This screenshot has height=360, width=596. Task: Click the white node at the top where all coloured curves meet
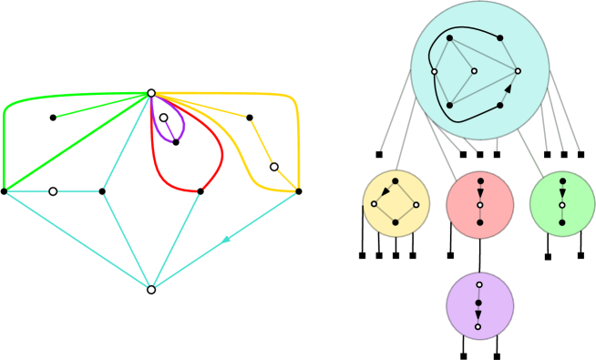(x=151, y=93)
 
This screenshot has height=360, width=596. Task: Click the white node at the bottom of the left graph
(x=151, y=290)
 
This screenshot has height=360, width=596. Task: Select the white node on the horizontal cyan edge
(x=53, y=191)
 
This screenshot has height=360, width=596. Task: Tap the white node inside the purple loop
(x=164, y=118)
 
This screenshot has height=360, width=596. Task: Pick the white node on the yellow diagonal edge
(x=273, y=167)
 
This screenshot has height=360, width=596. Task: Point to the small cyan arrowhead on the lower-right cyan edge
(x=226, y=240)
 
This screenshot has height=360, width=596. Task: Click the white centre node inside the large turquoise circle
(x=474, y=71)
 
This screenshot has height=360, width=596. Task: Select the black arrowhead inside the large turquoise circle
(x=508, y=89)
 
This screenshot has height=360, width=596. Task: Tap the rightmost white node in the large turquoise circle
(x=518, y=71)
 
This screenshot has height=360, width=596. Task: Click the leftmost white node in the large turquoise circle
(x=434, y=71)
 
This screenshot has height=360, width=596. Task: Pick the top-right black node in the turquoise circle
(x=499, y=38)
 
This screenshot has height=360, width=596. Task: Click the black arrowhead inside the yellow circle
(x=385, y=192)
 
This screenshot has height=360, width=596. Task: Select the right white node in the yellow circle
(x=416, y=204)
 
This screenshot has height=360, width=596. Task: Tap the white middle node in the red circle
(x=480, y=205)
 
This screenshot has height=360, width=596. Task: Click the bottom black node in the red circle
(x=480, y=222)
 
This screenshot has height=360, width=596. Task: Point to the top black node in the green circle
(x=562, y=181)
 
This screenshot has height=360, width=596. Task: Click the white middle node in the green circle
(x=562, y=205)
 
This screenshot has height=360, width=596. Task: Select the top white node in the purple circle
(x=479, y=284)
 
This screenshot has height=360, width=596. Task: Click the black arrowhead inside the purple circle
(x=478, y=314)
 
